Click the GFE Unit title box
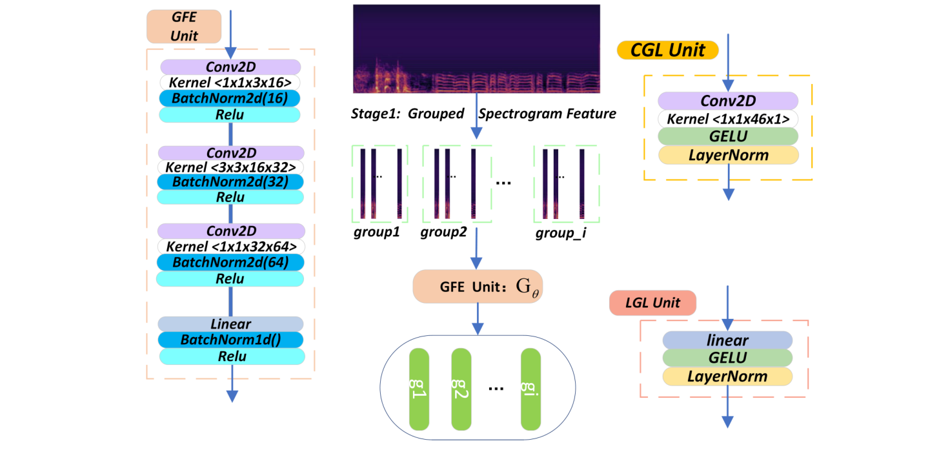(x=184, y=26)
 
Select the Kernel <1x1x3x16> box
(x=230, y=83)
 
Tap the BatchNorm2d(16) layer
(x=230, y=98)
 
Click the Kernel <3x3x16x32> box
(x=230, y=167)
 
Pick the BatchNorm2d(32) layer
(x=230, y=182)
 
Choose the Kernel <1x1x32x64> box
(x=231, y=247)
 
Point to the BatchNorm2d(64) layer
(x=230, y=262)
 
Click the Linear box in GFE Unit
(x=230, y=324)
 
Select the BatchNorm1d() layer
(x=230, y=340)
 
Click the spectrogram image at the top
(x=476, y=49)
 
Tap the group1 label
(x=376, y=232)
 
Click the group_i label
(x=560, y=233)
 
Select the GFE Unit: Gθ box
(x=476, y=287)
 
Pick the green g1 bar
(x=419, y=389)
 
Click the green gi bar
(x=530, y=389)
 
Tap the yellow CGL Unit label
(x=667, y=50)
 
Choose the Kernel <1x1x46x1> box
(x=728, y=119)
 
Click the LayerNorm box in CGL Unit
(x=728, y=156)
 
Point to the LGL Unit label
(x=652, y=304)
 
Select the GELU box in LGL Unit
(x=727, y=358)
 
